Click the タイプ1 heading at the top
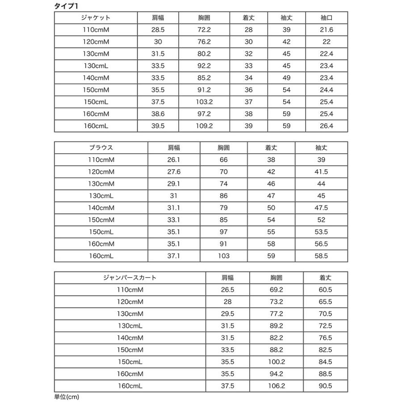66,6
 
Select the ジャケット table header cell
96,18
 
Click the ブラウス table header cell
100,148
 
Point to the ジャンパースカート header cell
130,278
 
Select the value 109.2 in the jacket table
204,126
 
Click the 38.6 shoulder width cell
158,114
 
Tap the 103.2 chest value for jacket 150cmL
204,102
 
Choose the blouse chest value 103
223,256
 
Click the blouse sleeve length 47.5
321,208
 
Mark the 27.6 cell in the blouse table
174,172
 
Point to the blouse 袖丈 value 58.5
321,256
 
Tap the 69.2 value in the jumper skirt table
276,289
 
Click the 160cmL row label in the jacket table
96,126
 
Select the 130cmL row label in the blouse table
100,196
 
